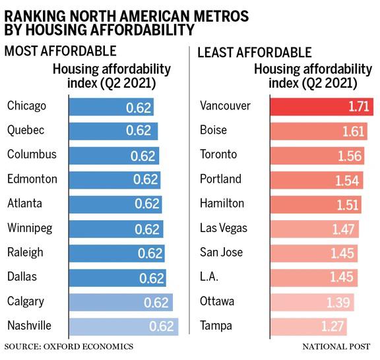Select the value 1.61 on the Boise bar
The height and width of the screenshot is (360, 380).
point(354,131)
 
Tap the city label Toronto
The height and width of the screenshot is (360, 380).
point(216,155)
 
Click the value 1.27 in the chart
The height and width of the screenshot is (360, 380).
point(332,326)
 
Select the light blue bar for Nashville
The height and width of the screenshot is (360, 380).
point(122,326)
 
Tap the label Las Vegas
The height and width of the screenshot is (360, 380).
point(224,228)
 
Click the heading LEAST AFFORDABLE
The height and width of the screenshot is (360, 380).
point(253,51)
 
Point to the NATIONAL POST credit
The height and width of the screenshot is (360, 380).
point(336,346)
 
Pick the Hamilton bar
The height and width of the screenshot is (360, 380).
point(315,204)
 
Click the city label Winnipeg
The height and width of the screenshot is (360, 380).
point(30,228)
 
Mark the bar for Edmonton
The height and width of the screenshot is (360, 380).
point(113,179)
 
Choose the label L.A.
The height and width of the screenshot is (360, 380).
point(209,277)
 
